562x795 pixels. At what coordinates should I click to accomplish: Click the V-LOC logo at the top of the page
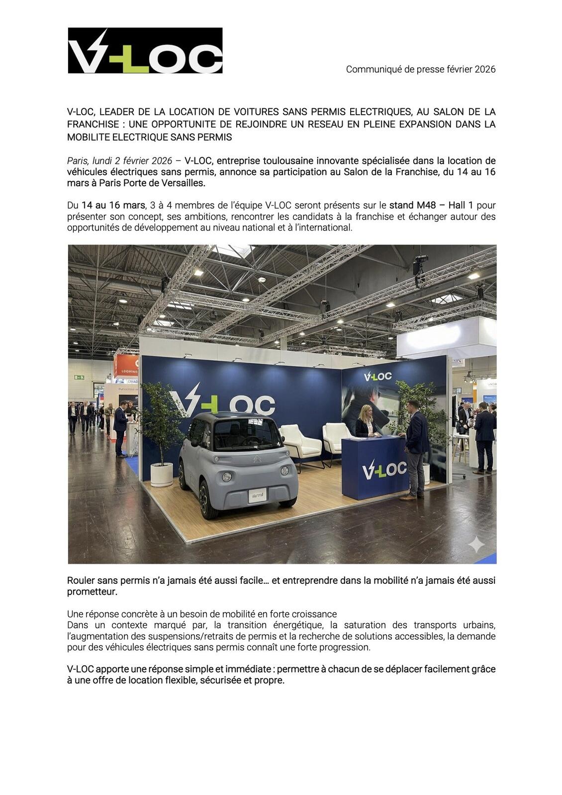point(145,51)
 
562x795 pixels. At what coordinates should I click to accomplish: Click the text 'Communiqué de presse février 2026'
point(421,69)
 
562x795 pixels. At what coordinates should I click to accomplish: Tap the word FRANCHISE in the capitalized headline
point(93,124)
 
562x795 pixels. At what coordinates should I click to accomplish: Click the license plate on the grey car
point(257,495)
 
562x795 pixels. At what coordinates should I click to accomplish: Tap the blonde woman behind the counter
point(366,422)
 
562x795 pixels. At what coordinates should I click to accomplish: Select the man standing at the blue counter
point(415,447)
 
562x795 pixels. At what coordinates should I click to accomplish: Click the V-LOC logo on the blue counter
point(384,470)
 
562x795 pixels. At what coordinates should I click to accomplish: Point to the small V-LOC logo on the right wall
point(377,377)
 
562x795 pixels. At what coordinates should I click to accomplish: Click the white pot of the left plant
point(161,474)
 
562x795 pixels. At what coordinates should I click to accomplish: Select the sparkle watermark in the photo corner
point(476,544)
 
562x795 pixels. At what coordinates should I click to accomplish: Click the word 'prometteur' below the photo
point(91,592)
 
